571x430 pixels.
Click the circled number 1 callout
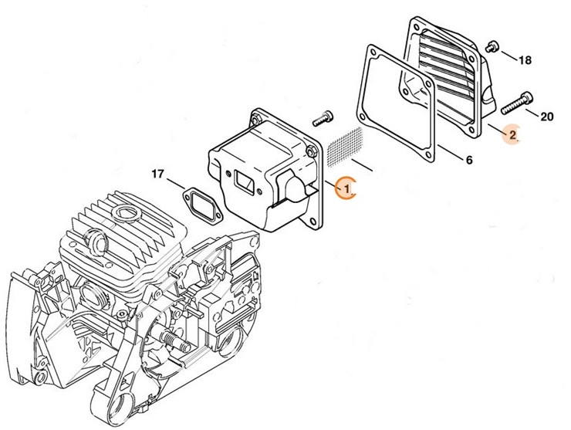click(x=346, y=187)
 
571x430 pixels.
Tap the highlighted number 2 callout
click(x=512, y=134)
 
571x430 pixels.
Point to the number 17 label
click(x=157, y=174)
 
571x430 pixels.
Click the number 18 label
click(x=525, y=59)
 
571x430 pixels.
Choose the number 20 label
click(x=546, y=117)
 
